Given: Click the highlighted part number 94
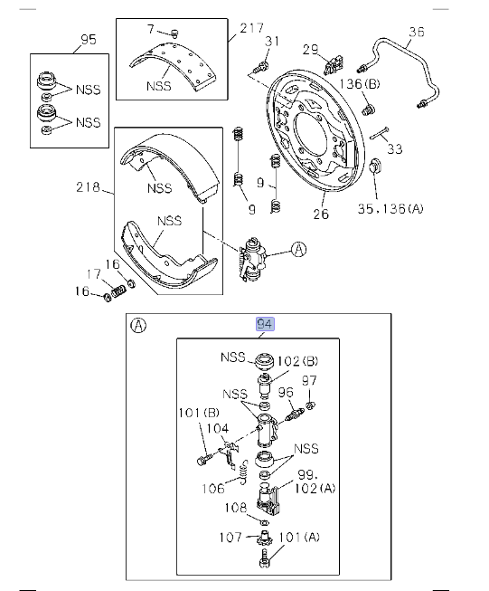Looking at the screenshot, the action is (x=265, y=324).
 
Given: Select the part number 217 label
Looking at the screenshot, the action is (x=252, y=28).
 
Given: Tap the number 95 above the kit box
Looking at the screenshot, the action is (x=89, y=39).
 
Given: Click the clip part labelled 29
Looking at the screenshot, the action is (x=334, y=65).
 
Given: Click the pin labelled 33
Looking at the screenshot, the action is (x=379, y=133).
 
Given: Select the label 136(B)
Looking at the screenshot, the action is (x=360, y=83).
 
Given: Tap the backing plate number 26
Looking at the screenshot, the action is (x=321, y=214).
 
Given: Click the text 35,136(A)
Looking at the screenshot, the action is (x=390, y=208).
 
